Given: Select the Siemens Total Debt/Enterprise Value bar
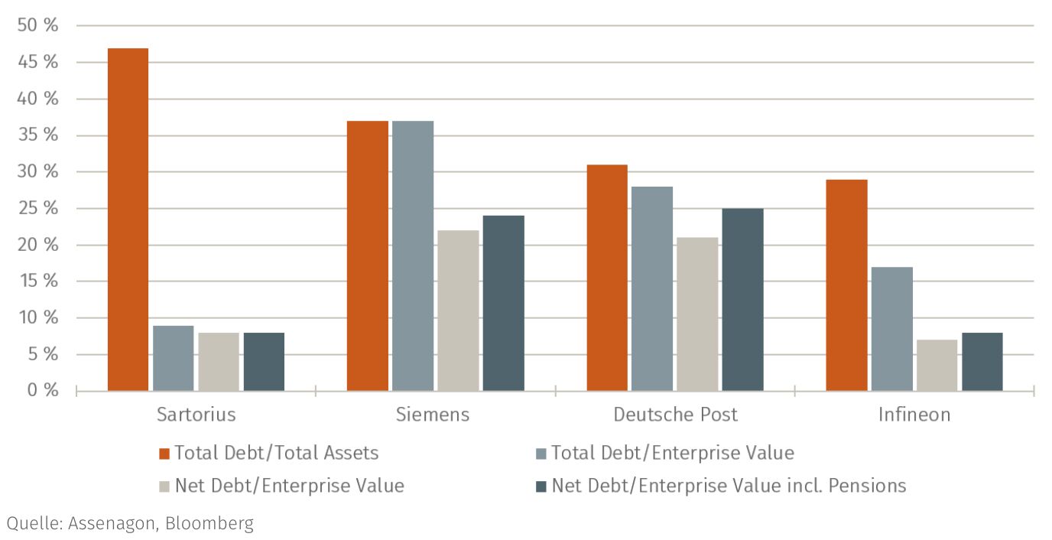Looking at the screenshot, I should pos(413,255).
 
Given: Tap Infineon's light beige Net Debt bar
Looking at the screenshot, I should pos(937,365).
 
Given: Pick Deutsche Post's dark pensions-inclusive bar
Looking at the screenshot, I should pos(742,299).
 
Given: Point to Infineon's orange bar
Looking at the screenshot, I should pos(846,285).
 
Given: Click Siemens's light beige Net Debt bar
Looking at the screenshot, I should pos(458,311).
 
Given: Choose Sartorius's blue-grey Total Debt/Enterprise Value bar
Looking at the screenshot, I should pos(173,358).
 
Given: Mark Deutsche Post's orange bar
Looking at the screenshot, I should pos(607,278).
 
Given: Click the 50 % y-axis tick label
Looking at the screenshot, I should pos(37,25).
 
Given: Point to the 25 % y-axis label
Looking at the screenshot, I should pos(37,208).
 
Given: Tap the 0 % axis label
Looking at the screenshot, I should pos(41,390).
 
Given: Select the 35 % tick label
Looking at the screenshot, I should pos(37,135).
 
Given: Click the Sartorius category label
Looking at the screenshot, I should pos(196,415).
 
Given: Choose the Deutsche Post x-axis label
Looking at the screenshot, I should pos(675,415).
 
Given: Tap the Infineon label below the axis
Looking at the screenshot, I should pos(914,415).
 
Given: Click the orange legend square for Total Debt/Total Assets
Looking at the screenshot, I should pos(164,454).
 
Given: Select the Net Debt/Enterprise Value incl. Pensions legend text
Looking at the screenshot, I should pos(729,485).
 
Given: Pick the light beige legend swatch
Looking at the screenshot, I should pos(164,486).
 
